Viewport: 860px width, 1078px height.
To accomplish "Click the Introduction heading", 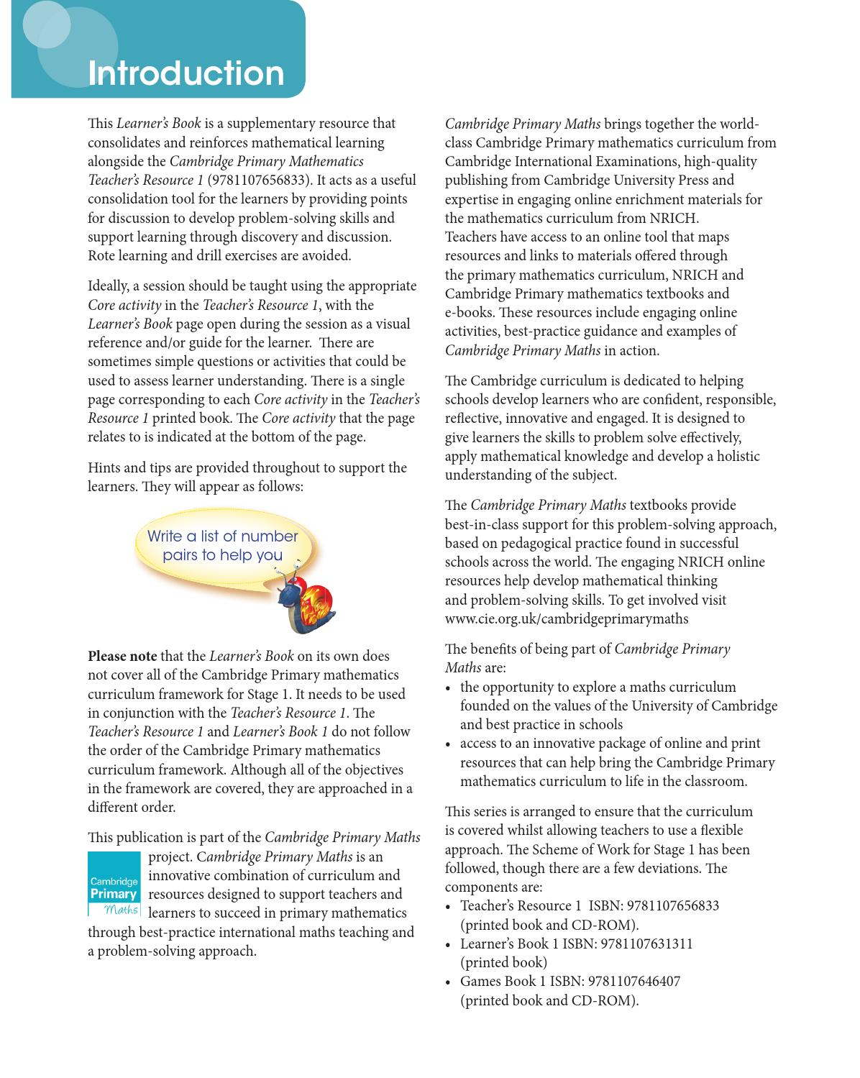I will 186,73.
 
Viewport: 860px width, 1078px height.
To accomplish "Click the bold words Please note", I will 122,656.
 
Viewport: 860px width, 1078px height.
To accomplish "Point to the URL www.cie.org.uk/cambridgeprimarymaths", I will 566,618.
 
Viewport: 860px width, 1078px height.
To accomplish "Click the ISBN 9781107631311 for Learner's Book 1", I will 646,944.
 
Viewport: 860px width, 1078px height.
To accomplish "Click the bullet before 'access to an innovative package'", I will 449,744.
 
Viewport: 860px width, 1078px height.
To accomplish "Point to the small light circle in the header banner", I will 47,24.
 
